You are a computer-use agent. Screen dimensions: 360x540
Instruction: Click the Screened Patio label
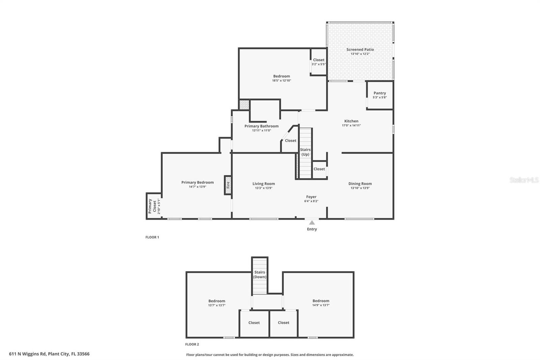point(360,50)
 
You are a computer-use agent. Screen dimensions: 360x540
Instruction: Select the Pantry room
point(380,96)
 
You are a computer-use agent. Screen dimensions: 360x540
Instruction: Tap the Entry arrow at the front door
point(312,223)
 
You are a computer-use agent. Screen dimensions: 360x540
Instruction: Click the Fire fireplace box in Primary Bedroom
point(228,185)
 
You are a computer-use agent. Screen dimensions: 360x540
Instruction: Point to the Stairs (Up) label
point(305,152)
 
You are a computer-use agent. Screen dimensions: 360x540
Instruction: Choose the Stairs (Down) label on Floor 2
point(260,275)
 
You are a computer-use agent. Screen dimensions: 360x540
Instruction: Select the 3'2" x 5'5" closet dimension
point(318,64)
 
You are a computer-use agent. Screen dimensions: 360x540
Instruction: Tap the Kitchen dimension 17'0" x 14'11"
point(351,125)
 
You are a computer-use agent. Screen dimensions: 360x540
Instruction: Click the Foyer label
point(311,197)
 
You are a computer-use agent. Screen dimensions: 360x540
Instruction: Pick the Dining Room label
point(360,184)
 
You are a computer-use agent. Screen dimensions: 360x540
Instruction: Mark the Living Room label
point(264,184)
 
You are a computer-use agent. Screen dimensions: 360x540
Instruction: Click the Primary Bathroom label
point(261,126)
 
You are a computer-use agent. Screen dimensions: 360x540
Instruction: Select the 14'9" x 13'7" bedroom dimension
point(321,305)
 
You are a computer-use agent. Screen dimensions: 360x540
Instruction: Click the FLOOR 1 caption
point(152,237)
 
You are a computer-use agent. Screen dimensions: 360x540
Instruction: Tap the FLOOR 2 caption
point(192,344)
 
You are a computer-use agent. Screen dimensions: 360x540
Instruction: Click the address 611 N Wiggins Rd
point(49,354)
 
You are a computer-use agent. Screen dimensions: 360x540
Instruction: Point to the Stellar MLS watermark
point(523,180)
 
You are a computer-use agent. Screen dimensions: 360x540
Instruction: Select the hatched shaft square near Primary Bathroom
point(244,104)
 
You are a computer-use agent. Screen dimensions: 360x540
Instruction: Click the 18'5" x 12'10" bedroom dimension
point(281,81)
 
